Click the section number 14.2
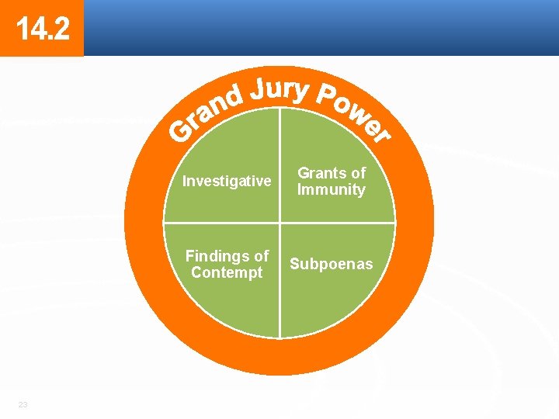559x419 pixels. tap(42, 29)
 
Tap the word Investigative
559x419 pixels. tap(227, 182)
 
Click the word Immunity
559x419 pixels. tap(332, 190)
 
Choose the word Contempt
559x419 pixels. tap(227, 273)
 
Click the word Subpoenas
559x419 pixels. tap(331, 265)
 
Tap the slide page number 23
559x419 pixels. tap(23, 405)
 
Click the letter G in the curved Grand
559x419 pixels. tap(182, 133)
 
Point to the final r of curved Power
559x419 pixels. tap(380, 135)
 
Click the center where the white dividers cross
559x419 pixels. tap(279, 223)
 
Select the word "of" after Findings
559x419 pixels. tap(260, 256)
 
